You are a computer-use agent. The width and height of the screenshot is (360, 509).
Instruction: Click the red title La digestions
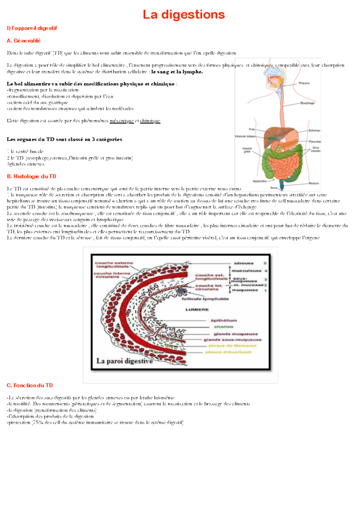click(184, 14)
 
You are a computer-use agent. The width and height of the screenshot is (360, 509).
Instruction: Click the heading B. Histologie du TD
click(31, 176)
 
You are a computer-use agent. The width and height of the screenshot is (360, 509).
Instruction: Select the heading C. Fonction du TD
click(30, 385)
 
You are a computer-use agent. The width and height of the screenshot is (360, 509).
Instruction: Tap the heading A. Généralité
click(23, 40)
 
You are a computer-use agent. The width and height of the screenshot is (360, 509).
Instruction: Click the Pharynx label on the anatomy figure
click(304, 83)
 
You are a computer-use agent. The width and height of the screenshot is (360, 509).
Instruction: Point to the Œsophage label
click(307, 103)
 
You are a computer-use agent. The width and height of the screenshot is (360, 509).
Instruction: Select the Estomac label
click(314, 130)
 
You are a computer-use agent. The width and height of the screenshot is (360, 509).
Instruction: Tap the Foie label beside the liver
click(252, 129)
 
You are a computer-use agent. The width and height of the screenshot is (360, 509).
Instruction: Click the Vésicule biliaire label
click(245, 136)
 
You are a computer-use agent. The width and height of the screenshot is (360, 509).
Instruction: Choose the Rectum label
click(313, 183)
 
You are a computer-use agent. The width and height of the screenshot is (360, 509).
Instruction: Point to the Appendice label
click(259, 181)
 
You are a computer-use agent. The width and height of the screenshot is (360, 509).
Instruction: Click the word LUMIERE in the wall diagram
click(197, 310)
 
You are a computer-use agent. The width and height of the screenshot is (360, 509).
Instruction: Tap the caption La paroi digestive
click(124, 361)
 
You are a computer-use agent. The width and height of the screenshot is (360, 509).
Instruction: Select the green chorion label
click(223, 327)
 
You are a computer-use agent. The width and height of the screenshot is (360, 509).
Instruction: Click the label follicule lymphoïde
click(205, 299)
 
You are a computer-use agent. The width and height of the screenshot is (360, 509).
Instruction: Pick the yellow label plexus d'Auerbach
click(228, 352)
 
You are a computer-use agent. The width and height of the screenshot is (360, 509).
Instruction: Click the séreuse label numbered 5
click(244, 263)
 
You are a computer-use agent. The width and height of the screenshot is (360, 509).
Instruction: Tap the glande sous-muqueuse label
click(232, 340)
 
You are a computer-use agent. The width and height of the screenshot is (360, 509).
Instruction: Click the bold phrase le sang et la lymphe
click(177, 72)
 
